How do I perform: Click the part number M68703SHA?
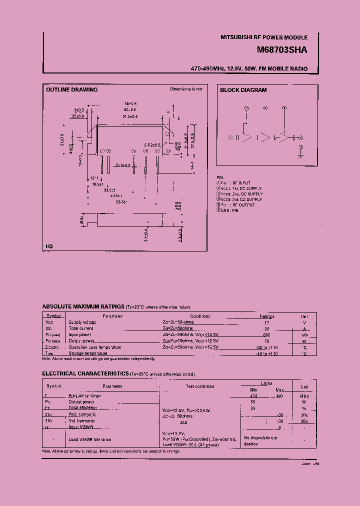tap(281, 50)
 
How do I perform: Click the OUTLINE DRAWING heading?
tap(71, 90)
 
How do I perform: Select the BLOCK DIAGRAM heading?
tap(243, 90)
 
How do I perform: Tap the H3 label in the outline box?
tap(49, 246)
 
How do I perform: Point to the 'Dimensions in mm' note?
tap(186, 89)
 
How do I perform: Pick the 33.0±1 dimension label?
tap(109, 190)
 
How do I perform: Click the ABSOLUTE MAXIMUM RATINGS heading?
tap(83, 306)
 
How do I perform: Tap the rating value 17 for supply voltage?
tap(266, 322)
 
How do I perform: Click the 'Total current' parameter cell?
tap(80, 328)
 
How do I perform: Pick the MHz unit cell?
tap(304, 395)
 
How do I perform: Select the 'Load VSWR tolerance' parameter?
tap(89, 439)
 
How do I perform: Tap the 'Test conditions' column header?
tap(199, 386)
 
